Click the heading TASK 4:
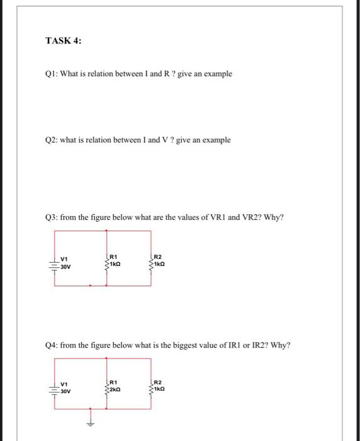[x=63, y=41]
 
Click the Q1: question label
[x=52, y=74]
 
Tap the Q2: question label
[x=52, y=140]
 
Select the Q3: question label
[x=52, y=218]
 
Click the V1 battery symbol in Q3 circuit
[x=54, y=263]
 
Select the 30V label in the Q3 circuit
[x=65, y=267]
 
